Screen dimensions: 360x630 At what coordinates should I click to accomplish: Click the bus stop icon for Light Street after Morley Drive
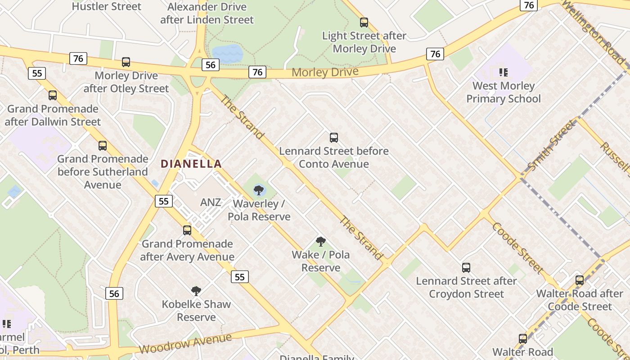364,22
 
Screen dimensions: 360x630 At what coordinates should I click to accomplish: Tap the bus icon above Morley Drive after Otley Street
126,62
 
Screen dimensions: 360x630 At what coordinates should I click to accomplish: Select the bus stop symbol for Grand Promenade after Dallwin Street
53,95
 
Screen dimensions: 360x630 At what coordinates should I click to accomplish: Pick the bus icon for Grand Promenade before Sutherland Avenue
103,145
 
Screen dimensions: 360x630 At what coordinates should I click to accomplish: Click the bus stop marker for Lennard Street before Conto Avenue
333,138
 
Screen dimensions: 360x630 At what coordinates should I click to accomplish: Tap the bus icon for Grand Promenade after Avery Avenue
187,230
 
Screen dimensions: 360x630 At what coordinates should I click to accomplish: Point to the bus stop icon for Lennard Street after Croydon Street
466,268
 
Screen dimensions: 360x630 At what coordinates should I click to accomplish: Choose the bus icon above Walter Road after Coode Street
580,280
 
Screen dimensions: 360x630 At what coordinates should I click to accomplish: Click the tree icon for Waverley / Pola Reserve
259,190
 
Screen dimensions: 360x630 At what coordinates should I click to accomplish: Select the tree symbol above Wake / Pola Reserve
321,242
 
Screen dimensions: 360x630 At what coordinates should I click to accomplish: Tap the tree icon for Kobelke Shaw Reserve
196,291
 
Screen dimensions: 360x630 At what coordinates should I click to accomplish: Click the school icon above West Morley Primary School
503,72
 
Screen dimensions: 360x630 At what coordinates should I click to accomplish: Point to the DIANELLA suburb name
191,164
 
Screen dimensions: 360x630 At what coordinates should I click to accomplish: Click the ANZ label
211,202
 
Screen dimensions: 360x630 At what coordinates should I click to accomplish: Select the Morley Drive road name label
325,72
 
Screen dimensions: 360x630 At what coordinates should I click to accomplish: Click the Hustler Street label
107,6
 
